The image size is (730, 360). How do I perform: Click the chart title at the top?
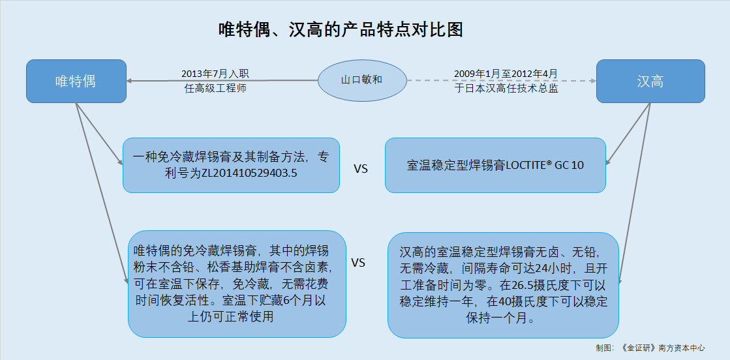pyautogui.click(x=341, y=30)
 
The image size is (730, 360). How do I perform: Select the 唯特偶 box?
pyautogui.click(x=76, y=81)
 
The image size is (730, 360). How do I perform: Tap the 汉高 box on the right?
pyautogui.click(x=650, y=81)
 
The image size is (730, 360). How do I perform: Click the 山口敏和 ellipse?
pyautogui.click(x=362, y=80)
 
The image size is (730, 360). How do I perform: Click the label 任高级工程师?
pyautogui.click(x=215, y=89)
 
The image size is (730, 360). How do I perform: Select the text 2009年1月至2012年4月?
pyautogui.click(x=506, y=74)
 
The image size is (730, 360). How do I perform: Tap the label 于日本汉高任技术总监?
pyautogui.click(x=506, y=89)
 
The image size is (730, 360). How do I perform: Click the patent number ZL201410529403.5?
pyautogui.click(x=249, y=173)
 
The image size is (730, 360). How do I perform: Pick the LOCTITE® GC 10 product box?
pyautogui.click(x=495, y=166)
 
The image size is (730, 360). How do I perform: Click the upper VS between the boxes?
pyautogui.click(x=361, y=169)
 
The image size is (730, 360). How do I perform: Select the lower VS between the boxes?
pyautogui.click(x=357, y=263)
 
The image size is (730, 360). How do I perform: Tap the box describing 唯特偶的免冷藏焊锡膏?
pyautogui.click(x=237, y=284)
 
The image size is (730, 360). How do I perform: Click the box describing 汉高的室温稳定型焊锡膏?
pyautogui.click(x=503, y=285)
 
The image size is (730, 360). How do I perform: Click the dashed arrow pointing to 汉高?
pyautogui.click(x=502, y=81)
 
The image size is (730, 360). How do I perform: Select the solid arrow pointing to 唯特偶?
pyautogui.click(x=222, y=81)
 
